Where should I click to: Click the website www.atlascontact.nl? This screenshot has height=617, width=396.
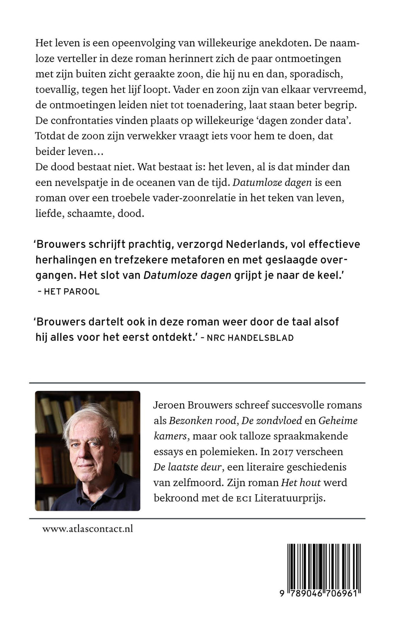tap(88, 529)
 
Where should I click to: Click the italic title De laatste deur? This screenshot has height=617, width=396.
tap(188, 467)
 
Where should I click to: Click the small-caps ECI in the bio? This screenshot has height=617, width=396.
tap(243, 498)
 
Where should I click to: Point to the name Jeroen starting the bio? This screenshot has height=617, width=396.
tap(170, 405)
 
